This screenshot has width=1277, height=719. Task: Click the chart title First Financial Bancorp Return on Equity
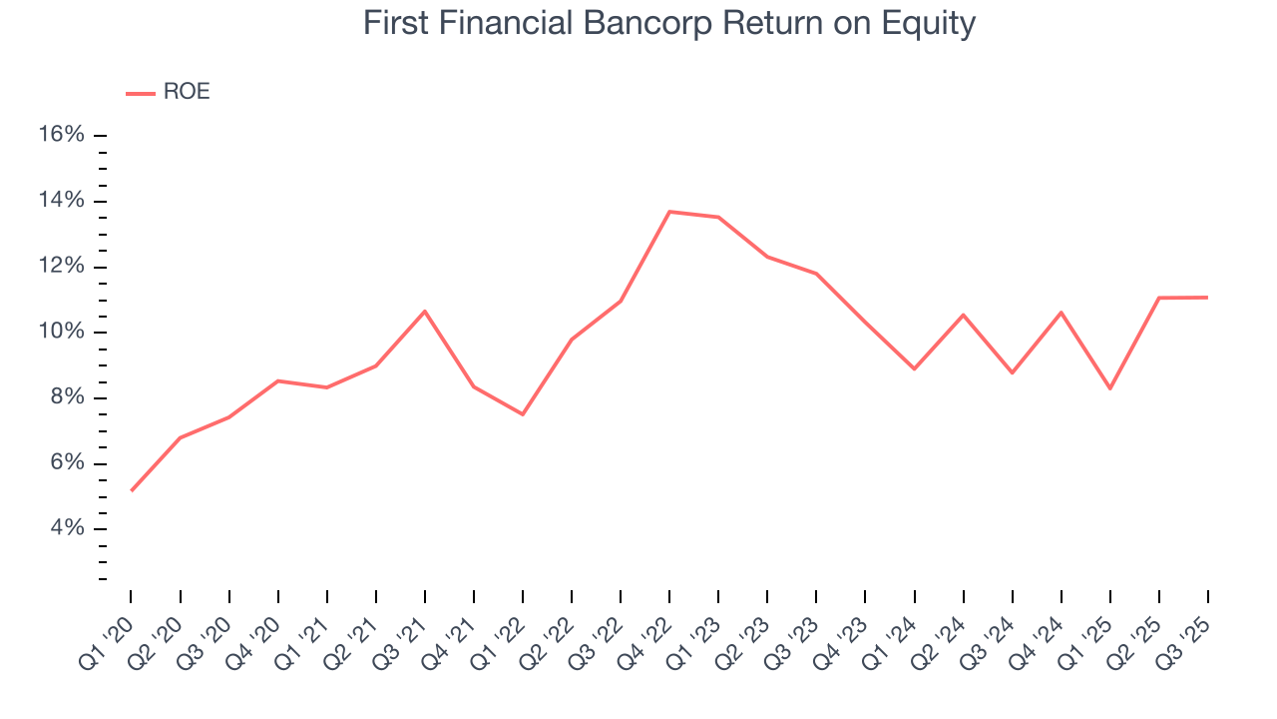click(668, 23)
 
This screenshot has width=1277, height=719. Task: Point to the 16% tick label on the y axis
click(62, 135)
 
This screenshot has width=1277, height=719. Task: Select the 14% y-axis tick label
click(62, 201)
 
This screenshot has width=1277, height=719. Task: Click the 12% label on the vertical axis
click(62, 267)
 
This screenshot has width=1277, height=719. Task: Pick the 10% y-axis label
click(62, 332)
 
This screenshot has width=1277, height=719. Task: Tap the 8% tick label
click(68, 397)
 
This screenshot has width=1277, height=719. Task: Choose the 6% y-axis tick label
click(68, 463)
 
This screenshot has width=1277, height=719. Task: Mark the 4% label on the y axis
click(68, 528)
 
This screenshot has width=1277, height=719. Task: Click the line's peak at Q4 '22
click(669, 212)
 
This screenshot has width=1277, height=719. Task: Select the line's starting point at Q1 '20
click(132, 490)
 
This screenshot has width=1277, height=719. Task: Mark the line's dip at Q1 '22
click(523, 414)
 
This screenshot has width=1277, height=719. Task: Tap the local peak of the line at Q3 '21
click(425, 311)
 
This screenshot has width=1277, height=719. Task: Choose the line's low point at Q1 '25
click(1109, 388)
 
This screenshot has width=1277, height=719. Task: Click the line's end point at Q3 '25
click(1207, 297)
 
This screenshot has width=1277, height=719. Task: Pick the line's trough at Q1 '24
click(914, 368)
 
